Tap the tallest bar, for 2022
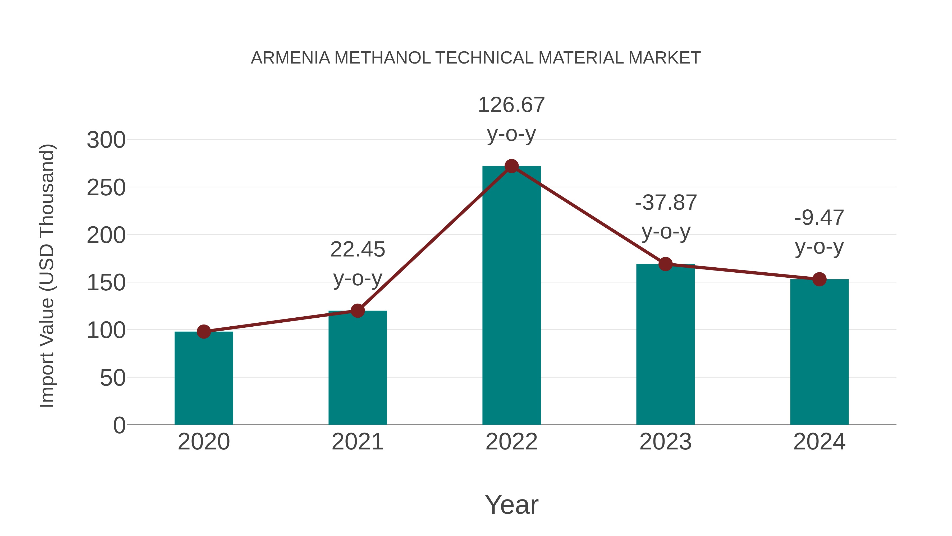tap(511, 296)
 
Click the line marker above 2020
tap(204, 331)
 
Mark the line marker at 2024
tap(819, 279)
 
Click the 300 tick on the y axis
tap(106, 140)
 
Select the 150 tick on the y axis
tap(106, 283)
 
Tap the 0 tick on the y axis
tap(119, 425)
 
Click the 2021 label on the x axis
tap(357, 442)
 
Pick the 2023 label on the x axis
tap(665, 442)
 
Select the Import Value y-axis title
tap(47, 276)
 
